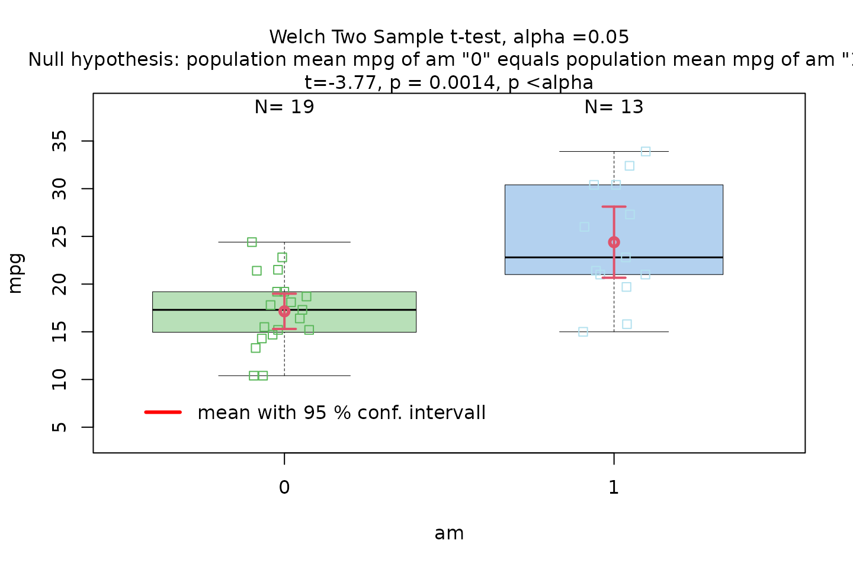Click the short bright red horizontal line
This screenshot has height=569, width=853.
pyautogui.click(x=163, y=412)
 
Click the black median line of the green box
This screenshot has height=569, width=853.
pyautogui.click(x=355, y=309)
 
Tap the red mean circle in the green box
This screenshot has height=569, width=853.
pyautogui.click(x=284, y=311)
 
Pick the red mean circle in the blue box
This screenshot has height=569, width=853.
pyautogui.click(x=614, y=242)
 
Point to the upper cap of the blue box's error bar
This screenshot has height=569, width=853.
pyautogui.click(x=614, y=207)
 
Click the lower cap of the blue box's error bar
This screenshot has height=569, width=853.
pyautogui.click(x=614, y=277)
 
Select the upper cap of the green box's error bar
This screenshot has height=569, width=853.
pyautogui.click(x=284, y=294)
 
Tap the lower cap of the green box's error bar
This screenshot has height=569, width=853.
pyautogui.click(x=284, y=329)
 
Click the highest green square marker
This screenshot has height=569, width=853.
pyautogui.click(x=252, y=242)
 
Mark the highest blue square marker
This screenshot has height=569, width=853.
pyautogui.click(x=646, y=152)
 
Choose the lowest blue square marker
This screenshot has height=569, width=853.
pyautogui.click(x=583, y=331)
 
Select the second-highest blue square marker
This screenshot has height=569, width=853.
pyautogui.click(x=629, y=165)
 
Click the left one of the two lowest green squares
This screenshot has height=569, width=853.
pyautogui.click(x=254, y=376)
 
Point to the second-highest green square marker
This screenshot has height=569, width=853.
pyautogui.click(x=282, y=257)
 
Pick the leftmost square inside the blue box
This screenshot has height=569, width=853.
pyautogui.click(x=584, y=226)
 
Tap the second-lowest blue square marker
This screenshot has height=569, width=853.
pyautogui.click(x=627, y=324)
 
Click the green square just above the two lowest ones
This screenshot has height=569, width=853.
pyautogui.click(x=255, y=348)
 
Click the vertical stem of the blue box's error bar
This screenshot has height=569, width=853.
pyautogui.click(x=614, y=225)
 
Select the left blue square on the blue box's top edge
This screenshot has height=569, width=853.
pyautogui.click(x=594, y=184)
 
